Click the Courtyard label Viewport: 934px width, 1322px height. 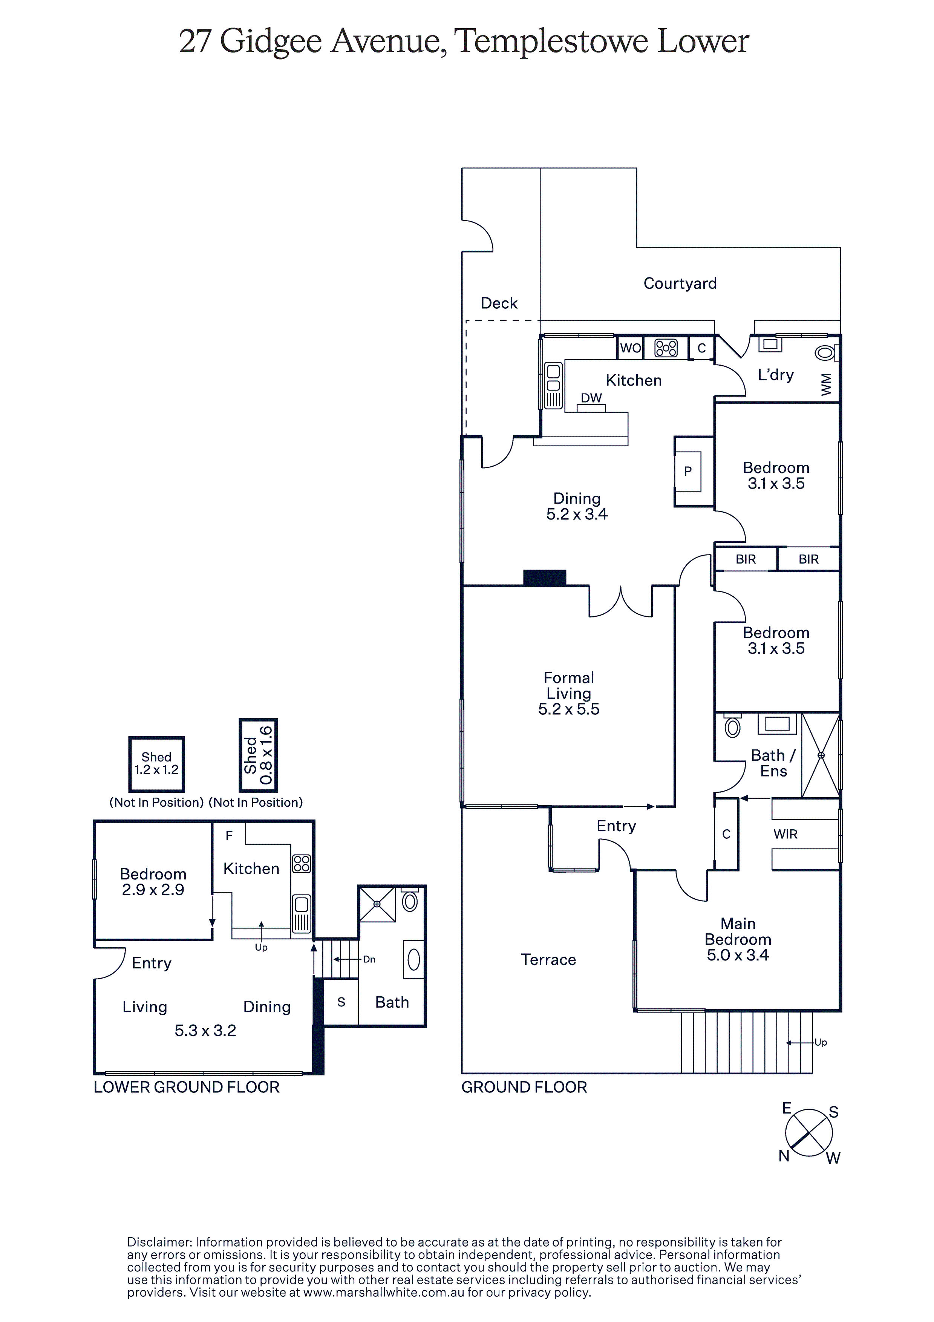680,283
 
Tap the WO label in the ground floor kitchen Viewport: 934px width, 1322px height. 630,348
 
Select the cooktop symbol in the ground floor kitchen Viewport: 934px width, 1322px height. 666,348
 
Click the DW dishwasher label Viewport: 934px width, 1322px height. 591,398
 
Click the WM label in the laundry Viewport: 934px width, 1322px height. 826,384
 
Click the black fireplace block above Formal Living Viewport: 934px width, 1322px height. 545,578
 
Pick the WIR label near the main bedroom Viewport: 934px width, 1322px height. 785,834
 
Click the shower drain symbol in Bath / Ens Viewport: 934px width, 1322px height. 821,755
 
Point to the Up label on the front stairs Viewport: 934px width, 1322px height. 821,1042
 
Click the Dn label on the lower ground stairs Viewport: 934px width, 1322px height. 369,959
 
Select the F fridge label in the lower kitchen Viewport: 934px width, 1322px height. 229,835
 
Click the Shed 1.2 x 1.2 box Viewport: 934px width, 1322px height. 157,764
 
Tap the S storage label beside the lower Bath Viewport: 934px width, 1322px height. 341,1002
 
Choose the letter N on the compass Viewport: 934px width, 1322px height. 784,1156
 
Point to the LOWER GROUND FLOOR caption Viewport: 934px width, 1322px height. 187,1087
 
